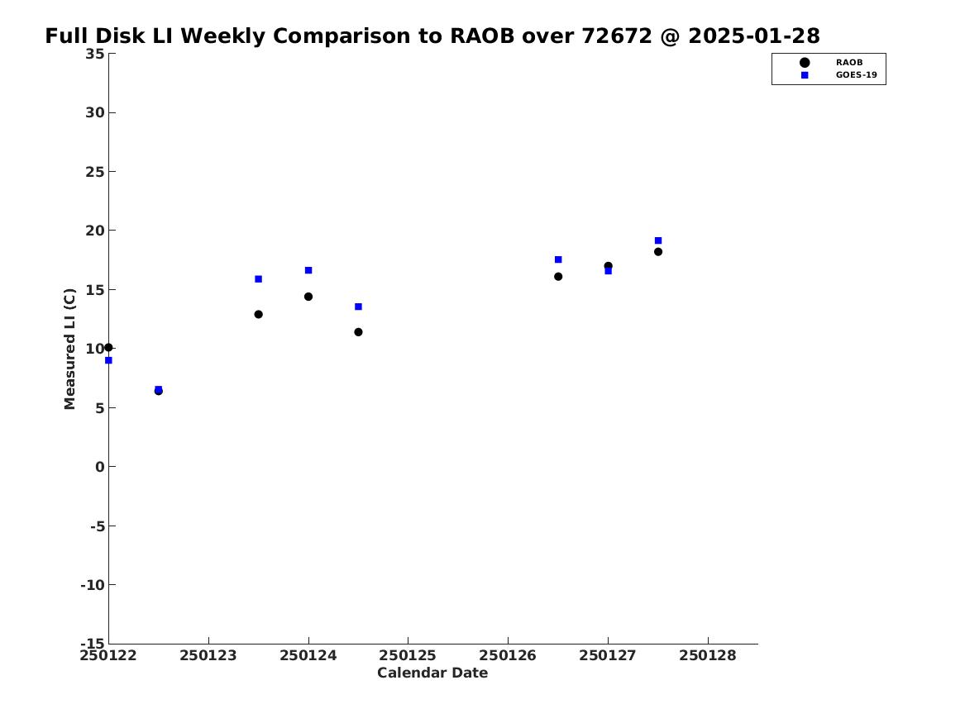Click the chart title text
click(432, 36)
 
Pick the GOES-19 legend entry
click(838, 75)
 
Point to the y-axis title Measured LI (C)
click(69, 349)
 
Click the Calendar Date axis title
click(432, 673)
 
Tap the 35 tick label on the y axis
click(95, 54)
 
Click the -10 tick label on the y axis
click(93, 585)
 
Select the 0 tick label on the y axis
click(100, 467)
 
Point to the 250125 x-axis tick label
click(408, 656)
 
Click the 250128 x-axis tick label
click(707, 656)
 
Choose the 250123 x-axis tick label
click(208, 656)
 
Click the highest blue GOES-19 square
click(658, 240)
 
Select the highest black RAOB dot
click(658, 251)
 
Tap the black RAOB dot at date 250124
click(308, 297)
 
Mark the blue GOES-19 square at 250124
click(308, 270)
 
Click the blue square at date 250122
click(108, 360)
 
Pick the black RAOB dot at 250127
click(608, 265)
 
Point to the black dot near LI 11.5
click(358, 332)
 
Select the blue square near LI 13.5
click(358, 307)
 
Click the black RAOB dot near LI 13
click(259, 314)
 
